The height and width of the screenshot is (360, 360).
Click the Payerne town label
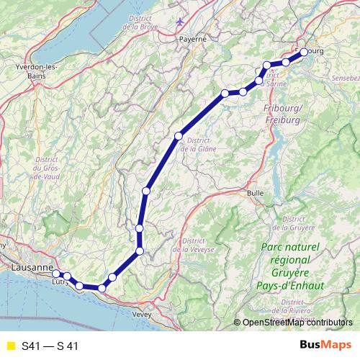[192, 38]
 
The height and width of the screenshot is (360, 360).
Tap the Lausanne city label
[32, 267]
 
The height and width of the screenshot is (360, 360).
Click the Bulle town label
[256, 193]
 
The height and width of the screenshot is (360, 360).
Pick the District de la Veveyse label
[199, 245]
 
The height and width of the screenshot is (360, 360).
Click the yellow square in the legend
[10, 346]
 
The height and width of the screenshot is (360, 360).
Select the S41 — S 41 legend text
[50, 346]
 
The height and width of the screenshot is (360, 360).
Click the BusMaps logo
[323, 345]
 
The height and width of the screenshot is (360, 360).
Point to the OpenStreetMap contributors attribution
[297, 322]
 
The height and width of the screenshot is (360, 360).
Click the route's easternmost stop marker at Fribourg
[304, 52]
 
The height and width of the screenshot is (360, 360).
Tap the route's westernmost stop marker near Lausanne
[56, 274]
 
